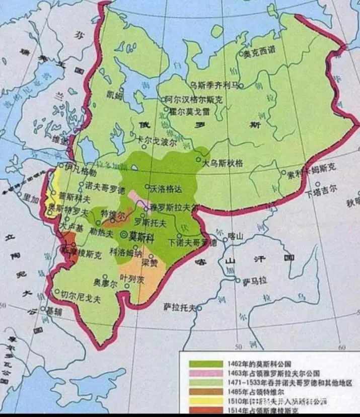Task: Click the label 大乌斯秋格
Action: (x=222, y=163)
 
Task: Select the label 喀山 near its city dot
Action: (x=236, y=236)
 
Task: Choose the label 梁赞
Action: (x=151, y=262)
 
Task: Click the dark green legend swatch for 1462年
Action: (x=205, y=363)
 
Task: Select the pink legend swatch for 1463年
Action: (x=205, y=373)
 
